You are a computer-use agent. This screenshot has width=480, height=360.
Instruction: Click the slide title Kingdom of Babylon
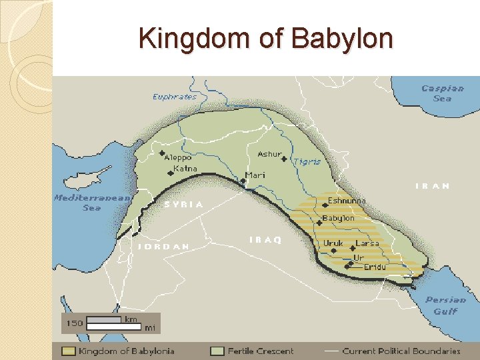point(265,39)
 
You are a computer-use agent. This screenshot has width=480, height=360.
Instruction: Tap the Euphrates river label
point(175,97)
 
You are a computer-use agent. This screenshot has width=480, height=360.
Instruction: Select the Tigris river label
point(307,161)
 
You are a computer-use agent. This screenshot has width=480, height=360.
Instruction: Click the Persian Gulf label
point(446,305)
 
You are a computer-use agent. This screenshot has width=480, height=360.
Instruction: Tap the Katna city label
point(185,169)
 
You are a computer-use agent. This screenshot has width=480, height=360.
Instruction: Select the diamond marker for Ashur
point(284,159)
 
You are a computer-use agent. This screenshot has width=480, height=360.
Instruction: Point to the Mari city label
point(255,175)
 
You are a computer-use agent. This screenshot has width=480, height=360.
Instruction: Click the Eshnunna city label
point(347,200)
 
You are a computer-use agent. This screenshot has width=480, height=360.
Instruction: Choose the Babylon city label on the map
point(339,218)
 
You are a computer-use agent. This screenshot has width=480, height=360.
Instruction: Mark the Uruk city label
point(333,243)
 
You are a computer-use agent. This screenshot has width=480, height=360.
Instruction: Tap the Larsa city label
point(367,243)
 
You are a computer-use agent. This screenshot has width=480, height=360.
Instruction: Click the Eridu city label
point(375,267)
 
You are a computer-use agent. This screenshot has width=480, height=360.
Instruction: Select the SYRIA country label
point(183,204)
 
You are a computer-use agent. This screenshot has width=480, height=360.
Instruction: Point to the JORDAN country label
point(164,246)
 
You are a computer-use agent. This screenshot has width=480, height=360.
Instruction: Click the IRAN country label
point(433,186)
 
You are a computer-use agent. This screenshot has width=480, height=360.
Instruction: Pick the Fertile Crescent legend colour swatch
point(217,351)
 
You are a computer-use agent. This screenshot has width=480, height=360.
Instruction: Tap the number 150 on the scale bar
point(75,323)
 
